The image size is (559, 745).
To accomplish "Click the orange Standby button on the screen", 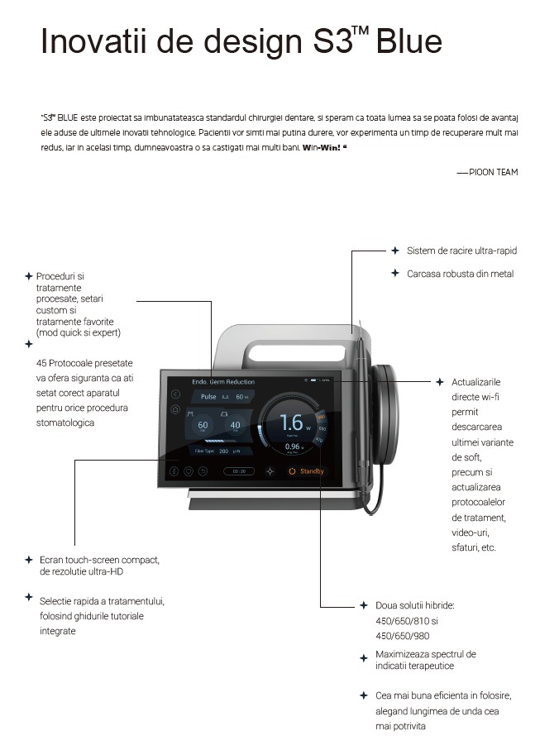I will click(x=306, y=471).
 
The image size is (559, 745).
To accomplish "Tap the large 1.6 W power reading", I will click(x=292, y=423).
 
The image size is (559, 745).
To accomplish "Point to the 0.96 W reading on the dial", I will click(x=293, y=447).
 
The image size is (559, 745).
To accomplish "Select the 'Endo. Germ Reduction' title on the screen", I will click(x=223, y=382).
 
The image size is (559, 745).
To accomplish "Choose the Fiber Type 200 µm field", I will click(x=217, y=451).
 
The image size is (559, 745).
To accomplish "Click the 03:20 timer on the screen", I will click(x=238, y=471).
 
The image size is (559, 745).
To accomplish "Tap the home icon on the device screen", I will click(x=175, y=408).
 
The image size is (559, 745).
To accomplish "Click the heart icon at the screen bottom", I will click(x=189, y=471).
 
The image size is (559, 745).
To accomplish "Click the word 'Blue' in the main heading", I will click(x=408, y=42).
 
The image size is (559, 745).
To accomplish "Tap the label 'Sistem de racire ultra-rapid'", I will click(x=461, y=251).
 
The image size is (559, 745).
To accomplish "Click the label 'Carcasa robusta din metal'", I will click(x=460, y=274).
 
